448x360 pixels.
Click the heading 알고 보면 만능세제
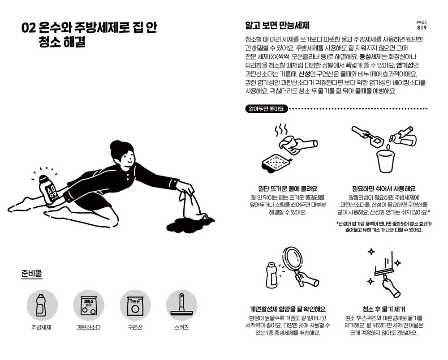click(277, 26)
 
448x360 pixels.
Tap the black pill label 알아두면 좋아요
click(266, 109)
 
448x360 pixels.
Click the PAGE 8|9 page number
click(422, 25)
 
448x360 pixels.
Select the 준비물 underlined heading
click(32, 273)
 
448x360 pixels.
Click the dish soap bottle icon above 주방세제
click(41, 305)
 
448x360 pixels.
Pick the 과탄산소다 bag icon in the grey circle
click(89, 306)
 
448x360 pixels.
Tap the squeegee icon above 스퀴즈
click(181, 305)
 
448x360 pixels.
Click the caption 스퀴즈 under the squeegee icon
click(181, 327)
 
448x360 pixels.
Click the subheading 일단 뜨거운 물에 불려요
click(288, 189)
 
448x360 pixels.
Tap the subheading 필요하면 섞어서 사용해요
click(384, 189)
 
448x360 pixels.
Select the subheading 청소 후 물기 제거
click(384, 309)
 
